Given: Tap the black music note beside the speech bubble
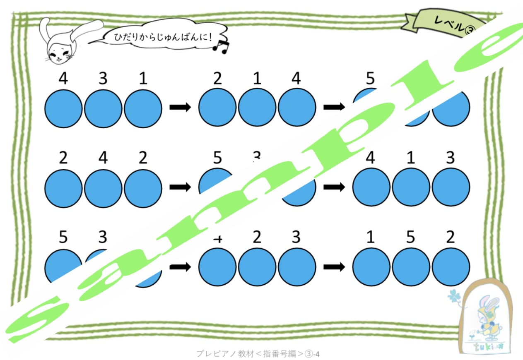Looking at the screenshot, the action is (x=220, y=46).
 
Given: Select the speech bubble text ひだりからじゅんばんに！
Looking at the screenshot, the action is (x=163, y=37).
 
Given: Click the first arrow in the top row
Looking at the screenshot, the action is (x=180, y=107).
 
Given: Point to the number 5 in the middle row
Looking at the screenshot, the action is (x=218, y=158).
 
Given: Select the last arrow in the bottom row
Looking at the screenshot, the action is (x=334, y=266).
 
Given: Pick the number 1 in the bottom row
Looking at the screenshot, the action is (x=371, y=238).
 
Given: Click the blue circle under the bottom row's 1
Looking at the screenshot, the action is (x=371, y=266).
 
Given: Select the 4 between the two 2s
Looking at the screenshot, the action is (x=103, y=158).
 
